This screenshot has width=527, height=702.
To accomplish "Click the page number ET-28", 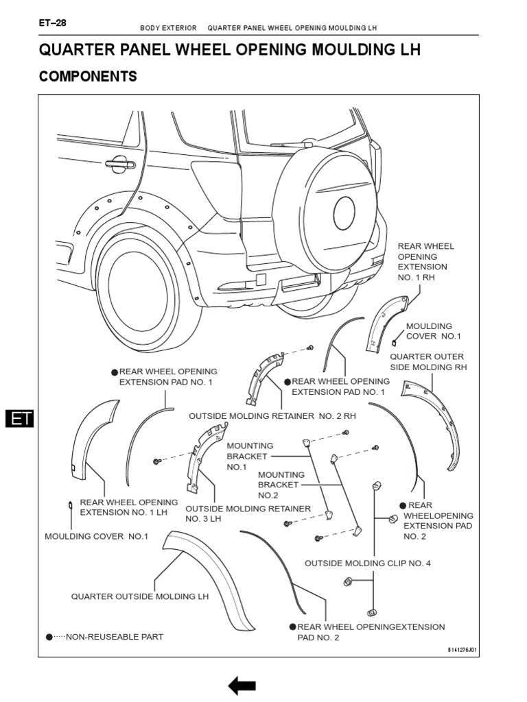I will (x=53, y=23).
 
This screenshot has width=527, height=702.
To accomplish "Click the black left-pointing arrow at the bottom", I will (x=242, y=685).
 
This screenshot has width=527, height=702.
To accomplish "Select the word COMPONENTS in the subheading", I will (x=88, y=77).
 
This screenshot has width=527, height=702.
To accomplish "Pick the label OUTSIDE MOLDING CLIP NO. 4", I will (x=368, y=563).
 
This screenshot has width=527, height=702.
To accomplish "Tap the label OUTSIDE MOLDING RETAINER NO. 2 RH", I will (x=272, y=416).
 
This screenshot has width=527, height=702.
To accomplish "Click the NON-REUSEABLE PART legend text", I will (x=114, y=637).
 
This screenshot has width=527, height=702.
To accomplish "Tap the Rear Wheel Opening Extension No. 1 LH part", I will (x=92, y=439).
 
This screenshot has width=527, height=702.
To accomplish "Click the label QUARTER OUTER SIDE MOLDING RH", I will (x=428, y=362).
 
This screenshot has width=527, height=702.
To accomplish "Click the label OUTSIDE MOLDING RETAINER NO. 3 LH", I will (x=248, y=513).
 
